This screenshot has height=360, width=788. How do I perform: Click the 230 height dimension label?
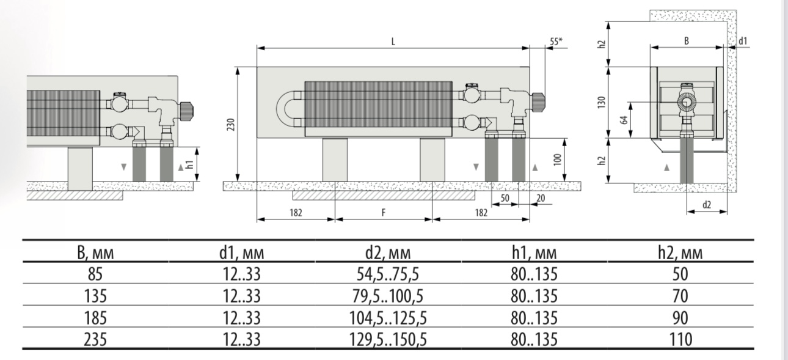[x=231, y=125]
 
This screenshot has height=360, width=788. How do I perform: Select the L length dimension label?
[x=393, y=42]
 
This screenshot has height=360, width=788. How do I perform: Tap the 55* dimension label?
[x=556, y=42]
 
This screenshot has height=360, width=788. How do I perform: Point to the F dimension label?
[x=384, y=213]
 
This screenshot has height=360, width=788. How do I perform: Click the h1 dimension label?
[x=189, y=164]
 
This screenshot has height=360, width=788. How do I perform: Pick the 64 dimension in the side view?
[x=624, y=120]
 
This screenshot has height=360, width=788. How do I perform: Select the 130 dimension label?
[x=602, y=102]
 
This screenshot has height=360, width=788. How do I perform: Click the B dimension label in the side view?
[x=687, y=41]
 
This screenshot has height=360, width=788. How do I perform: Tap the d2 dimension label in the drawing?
[x=706, y=205]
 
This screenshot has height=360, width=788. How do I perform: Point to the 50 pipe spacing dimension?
[x=505, y=198]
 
